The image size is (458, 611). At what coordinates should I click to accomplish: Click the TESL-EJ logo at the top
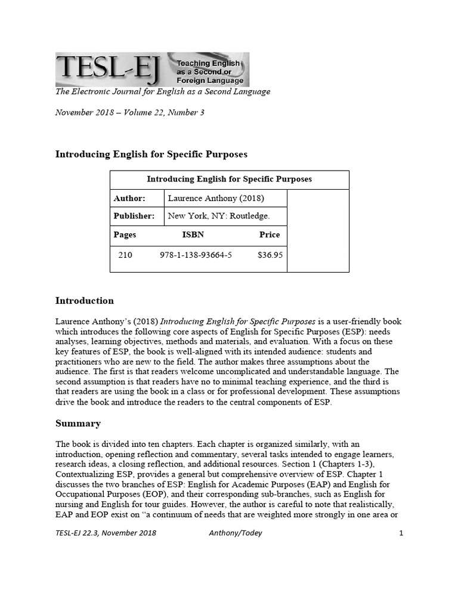[x=152, y=69]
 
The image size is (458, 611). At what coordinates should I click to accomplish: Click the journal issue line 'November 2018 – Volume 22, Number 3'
[x=129, y=112]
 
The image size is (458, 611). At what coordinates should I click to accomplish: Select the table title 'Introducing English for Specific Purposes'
[x=229, y=179]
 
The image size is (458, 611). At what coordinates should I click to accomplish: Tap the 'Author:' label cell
[x=129, y=198]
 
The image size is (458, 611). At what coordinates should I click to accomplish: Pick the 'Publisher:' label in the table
[x=134, y=216]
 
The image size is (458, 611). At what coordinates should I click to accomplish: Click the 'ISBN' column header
[x=193, y=234]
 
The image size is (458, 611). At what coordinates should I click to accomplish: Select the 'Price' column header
[x=270, y=234]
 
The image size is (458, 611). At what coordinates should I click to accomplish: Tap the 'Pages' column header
[x=125, y=234]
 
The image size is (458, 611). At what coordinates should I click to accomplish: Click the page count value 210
[x=125, y=255]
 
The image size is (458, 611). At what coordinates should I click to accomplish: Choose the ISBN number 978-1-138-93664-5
[x=196, y=255]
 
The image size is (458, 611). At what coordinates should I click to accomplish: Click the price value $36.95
[x=270, y=255]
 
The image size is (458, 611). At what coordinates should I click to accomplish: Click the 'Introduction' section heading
[x=85, y=300]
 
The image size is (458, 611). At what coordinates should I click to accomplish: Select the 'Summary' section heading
[x=78, y=424]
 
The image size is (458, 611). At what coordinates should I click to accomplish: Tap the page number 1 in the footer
[x=401, y=533]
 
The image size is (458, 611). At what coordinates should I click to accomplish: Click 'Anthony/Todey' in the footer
[x=232, y=533]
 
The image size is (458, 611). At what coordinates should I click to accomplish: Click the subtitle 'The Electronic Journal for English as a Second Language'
[x=163, y=92]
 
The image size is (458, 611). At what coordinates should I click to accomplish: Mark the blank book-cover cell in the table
[x=318, y=230]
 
